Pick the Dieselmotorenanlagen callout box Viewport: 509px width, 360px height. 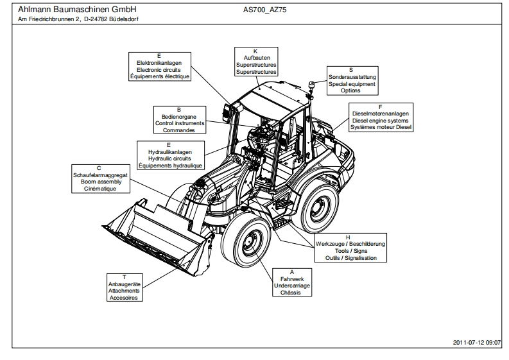381,117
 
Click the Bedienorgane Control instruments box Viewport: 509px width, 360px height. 179,119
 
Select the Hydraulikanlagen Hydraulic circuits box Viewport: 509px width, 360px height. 171,155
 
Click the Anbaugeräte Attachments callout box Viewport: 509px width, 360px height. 125,287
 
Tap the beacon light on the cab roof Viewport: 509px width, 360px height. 311,85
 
